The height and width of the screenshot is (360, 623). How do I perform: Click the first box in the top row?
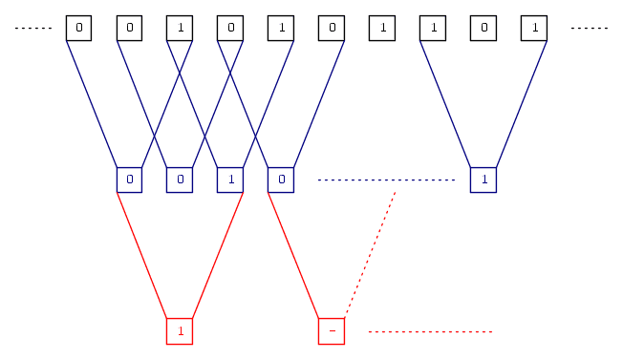(x=78, y=28)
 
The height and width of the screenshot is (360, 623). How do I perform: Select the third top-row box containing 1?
(x=382, y=28)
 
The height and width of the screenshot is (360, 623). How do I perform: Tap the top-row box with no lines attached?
(x=382, y=28)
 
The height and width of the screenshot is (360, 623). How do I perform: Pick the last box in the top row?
(x=534, y=28)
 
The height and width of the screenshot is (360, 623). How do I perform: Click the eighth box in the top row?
(x=433, y=28)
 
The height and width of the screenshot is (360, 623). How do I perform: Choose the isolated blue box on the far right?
(x=483, y=180)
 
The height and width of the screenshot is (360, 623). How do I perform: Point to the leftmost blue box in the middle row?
(x=129, y=180)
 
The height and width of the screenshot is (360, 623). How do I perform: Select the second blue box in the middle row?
(x=180, y=180)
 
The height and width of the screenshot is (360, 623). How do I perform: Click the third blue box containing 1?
(x=230, y=180)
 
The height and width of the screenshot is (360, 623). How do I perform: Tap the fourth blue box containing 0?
(x=281, y=180)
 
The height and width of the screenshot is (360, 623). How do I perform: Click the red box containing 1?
(x=180, y=330)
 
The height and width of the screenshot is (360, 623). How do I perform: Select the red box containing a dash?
(x=331, y=330)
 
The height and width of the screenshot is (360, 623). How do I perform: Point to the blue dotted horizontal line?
(x=386, y=180)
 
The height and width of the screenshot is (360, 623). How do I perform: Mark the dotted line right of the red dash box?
(x=430, y=331)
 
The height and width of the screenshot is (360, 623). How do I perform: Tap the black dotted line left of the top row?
(x=32, y=29)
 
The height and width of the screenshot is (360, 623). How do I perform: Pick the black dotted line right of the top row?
(x=590, y=29)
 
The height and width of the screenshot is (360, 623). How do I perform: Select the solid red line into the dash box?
(x=295, y=254)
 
